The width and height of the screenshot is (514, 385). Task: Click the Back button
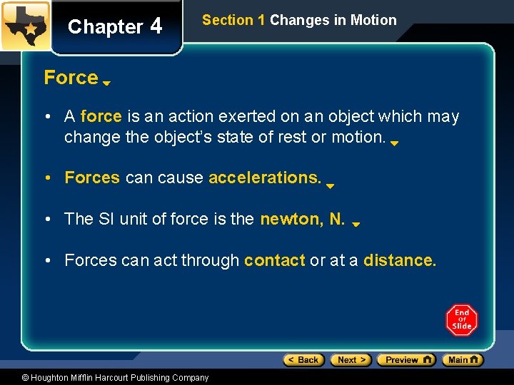(x=303, y=360)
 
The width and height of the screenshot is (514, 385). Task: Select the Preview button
(x=406, y=360)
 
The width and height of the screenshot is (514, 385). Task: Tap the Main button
(x=463, y=360)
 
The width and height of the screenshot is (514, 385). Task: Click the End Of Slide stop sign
(x=462, y=320)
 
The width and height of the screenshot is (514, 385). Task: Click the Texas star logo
(x=26, y=26)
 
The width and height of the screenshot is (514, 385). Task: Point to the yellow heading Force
(x=71, y=77)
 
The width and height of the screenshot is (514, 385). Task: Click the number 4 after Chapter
(x=156, y=26)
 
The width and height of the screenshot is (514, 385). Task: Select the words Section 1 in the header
(x=233, y=20)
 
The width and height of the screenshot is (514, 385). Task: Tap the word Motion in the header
(x=373, y=20)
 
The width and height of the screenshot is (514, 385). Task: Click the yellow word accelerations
(x=265, y=178)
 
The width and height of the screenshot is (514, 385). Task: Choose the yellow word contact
(x=274, y=260)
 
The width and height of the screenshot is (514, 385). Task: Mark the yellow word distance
(x=399, y=260)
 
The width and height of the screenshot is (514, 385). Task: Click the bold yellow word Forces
(x=92, y=178)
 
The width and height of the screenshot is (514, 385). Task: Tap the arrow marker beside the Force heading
(x=106, y=83)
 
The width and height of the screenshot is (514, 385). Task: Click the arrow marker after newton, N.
(x=356, y=224)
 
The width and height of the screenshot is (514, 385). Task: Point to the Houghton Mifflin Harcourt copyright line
(x=114, y=378)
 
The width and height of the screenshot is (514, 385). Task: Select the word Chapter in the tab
(x=105, y=27)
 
